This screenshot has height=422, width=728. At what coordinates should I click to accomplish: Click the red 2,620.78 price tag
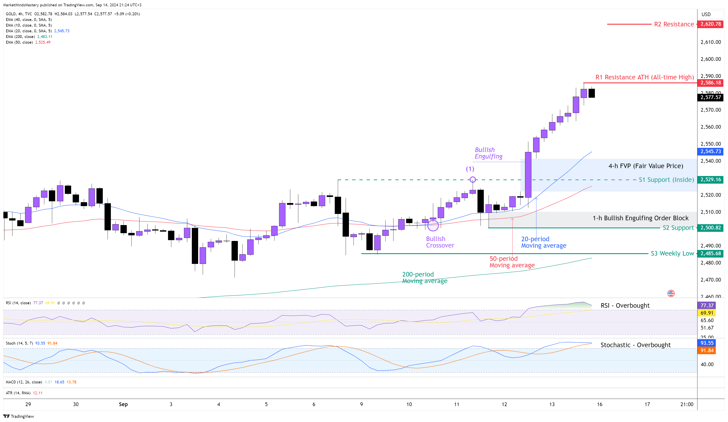[710, 24]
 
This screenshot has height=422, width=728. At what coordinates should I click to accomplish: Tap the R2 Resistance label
[674, 24]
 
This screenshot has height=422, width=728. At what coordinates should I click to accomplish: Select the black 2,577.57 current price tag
[710, 97]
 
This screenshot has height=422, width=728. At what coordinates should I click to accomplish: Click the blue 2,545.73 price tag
[710, 151]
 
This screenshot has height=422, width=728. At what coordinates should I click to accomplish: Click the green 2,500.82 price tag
[710, 228]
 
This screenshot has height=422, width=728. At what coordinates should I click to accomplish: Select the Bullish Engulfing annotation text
[488, 153]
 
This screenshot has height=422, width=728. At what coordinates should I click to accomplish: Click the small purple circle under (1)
[473, 179]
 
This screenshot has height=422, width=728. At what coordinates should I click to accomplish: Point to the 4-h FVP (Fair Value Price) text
[646, 166]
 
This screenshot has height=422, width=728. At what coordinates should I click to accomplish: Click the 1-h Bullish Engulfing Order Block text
[640, 218]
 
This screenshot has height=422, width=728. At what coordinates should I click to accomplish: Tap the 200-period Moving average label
[424, 277]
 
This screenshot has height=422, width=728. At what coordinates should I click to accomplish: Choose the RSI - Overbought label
[625, 305]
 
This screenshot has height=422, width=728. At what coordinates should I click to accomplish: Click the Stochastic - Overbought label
[635, 345]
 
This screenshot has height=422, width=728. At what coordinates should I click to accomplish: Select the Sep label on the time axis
[123, 404]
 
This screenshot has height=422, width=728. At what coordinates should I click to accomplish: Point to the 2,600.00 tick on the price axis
[710, 59]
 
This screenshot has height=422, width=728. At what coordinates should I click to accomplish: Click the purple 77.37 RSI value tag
[707, 305]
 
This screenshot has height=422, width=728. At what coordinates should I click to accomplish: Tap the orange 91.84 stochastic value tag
[707, 350]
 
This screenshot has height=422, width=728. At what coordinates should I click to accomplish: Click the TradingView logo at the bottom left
[19, 416]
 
